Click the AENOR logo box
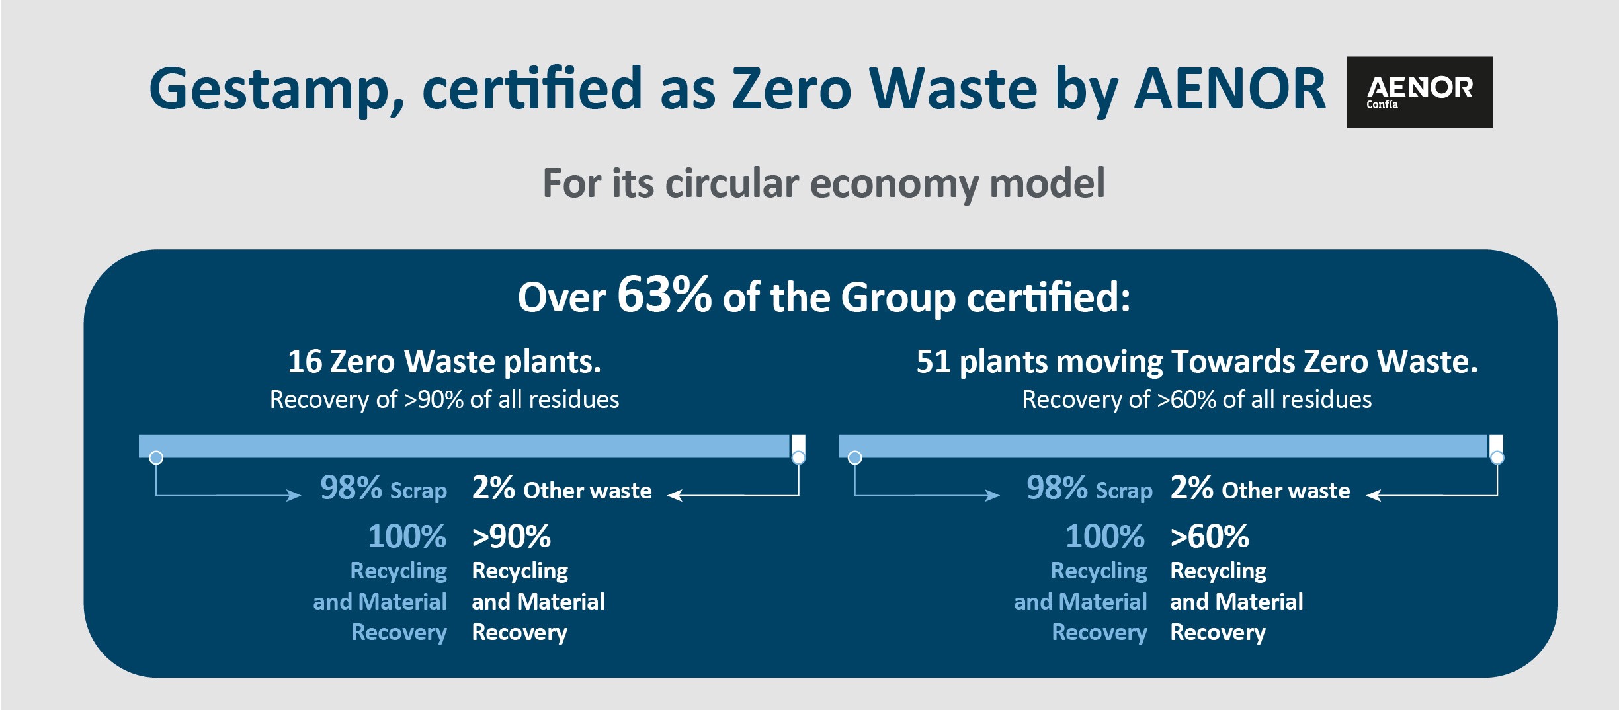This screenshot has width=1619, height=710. (1419, 92)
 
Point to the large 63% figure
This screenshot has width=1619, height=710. (664, 294)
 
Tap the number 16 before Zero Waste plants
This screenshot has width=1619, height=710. (304, 362)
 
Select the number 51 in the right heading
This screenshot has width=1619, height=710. (933, 362)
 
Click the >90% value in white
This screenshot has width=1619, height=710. (511, 536)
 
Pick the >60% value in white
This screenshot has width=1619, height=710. (1210, 536)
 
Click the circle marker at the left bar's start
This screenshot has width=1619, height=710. (156, 457)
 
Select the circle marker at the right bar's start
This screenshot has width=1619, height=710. (854, 457)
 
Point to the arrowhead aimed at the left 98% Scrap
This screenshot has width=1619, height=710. (294, 495)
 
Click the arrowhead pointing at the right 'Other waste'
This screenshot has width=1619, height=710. (1374, 495)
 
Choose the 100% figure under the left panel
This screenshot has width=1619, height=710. (407, 536)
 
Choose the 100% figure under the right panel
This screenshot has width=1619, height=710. (1105, 536)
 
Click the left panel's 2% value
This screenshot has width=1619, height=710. (493, 488)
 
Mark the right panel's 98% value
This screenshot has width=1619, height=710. (1057, 488)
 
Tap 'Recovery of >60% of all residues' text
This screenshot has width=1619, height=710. (1197, 399)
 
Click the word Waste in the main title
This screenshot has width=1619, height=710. (953, 90)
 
